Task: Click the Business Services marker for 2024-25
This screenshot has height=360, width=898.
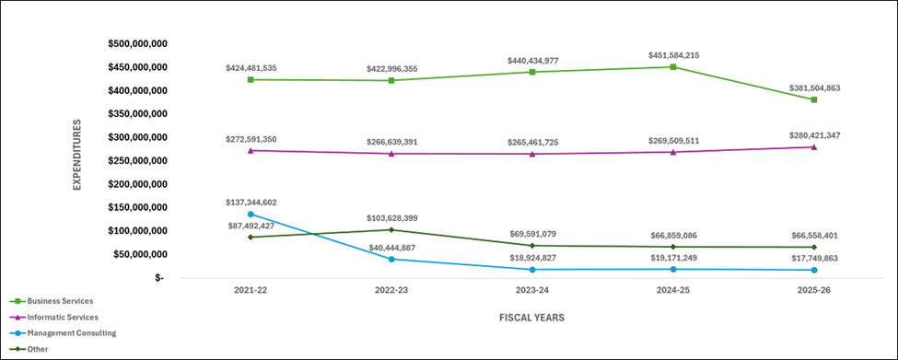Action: tap(673, 66)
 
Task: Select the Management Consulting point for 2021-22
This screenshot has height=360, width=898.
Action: tap(251, 214)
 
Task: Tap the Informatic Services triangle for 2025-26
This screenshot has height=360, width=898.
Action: tap(814, 146)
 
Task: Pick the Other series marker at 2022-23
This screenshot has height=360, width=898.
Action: tap(391, 229)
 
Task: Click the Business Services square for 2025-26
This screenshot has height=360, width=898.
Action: tap(814, 99)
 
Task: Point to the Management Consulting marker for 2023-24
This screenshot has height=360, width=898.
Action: tap(532, 269)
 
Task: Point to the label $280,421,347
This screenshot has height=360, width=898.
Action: tap(814, 135)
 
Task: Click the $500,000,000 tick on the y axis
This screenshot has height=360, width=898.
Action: tap(137, 43)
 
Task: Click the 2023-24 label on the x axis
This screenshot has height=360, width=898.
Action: tap(532, 290)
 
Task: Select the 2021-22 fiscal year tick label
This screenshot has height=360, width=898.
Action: tap(251, 290)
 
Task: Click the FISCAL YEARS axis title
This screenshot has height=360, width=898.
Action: tap(532, 318)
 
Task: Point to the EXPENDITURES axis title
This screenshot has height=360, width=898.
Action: tap(77, 154)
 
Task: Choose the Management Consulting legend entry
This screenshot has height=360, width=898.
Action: tap(71, 332)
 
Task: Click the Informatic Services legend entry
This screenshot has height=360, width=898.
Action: tap(63, 317)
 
